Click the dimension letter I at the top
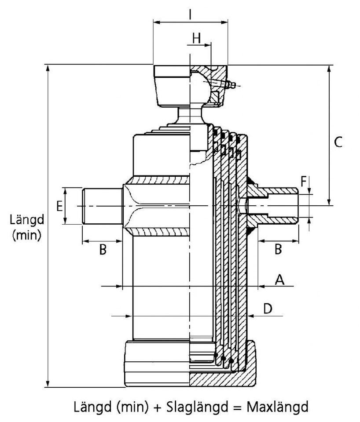(x=190, y=15)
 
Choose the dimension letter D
(x=268, y=309)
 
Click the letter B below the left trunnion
(x=102, y=250)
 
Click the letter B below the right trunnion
(x=278, y=249)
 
